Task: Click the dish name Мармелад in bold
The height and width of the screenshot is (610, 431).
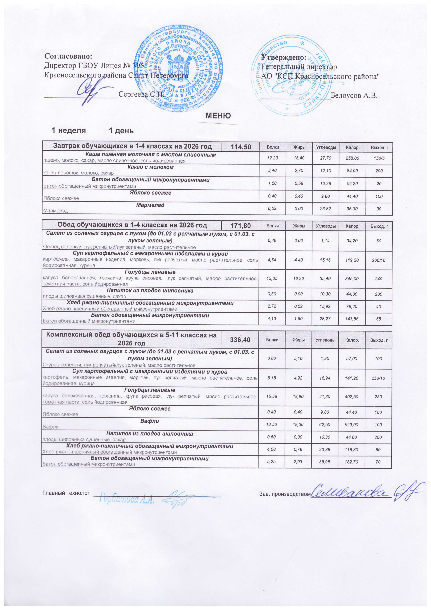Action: click(x=150, y=205)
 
